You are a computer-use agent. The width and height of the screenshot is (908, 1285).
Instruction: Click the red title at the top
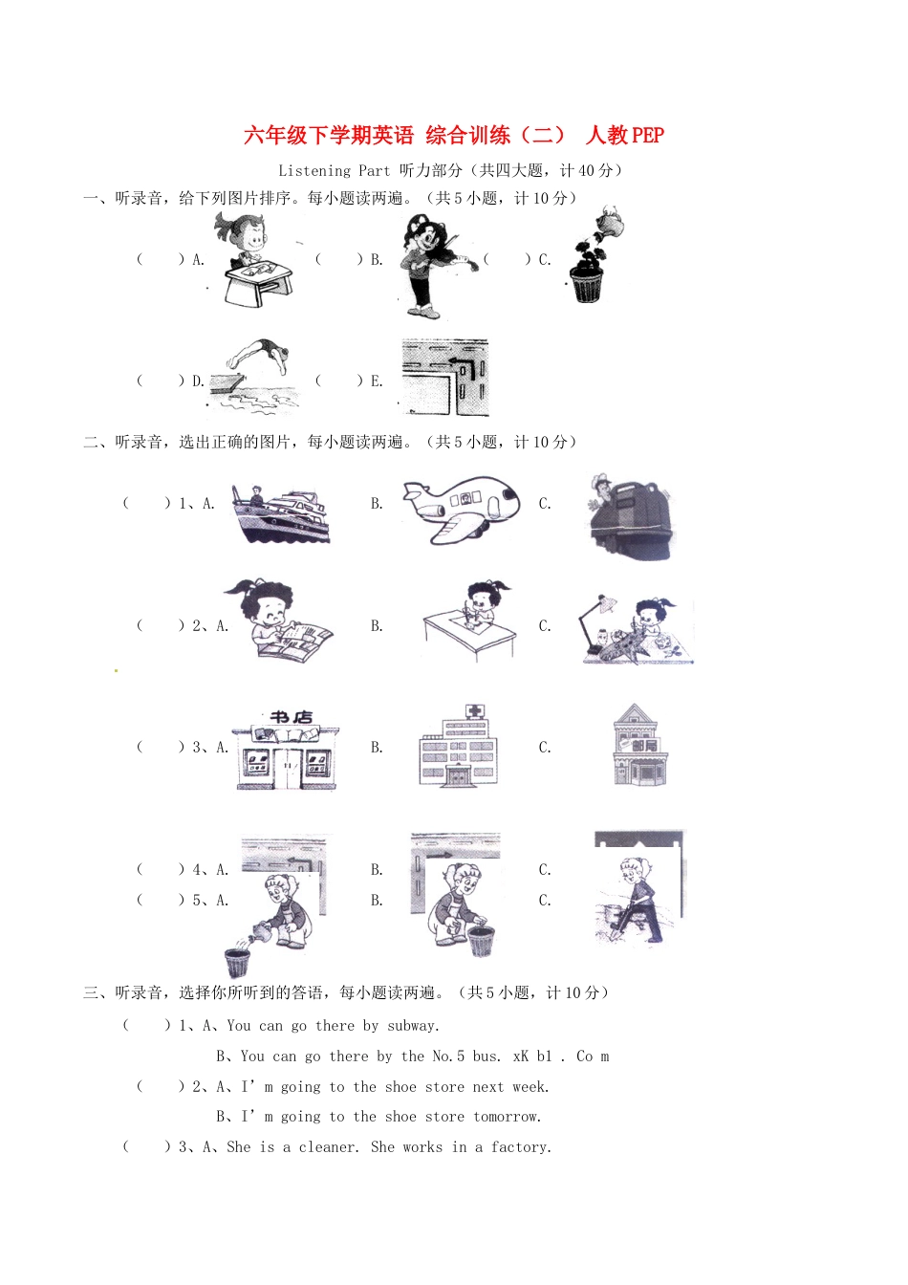(x=453, y=135)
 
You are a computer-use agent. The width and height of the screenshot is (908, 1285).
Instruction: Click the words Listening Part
(x=334, y=170)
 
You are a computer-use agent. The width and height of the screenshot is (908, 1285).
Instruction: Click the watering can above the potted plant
(x=609, y=227)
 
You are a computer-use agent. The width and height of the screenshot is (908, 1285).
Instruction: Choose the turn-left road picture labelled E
(x=445, y=378)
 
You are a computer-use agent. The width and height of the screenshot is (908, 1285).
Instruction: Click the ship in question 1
(x=280, y=516)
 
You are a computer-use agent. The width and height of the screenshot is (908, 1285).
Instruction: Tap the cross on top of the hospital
(x=474, y=711)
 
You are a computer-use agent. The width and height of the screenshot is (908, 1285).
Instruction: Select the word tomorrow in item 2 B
(x=507, y=1117)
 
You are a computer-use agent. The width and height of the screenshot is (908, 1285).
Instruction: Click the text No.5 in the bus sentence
(x=448, y=1056)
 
